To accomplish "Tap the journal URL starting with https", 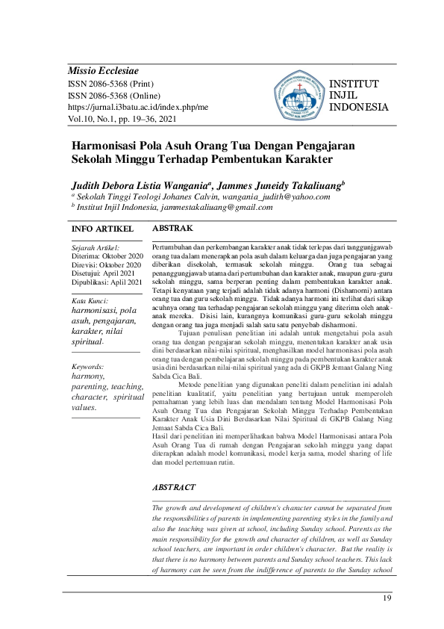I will click(x=138, y=107).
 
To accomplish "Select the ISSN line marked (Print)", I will click(x=110, y=84).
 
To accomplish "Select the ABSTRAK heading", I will click(x=172, y=227).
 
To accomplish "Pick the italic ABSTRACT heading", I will click(x=174, y=487).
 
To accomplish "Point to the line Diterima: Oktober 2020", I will click(x=106, y=255).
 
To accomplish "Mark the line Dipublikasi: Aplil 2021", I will click(x=106, y=282).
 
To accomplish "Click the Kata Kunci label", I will click(x=87, y=300).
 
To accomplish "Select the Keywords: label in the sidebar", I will click(x=89, y=367).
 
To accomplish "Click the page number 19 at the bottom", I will click(x=386, y=598).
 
